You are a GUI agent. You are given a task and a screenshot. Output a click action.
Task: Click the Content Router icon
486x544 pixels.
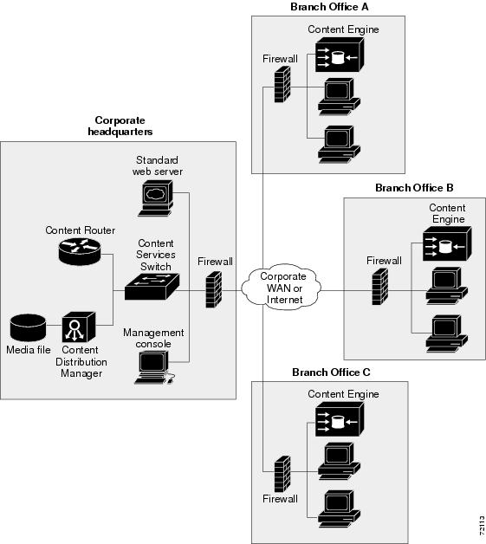(x=80, y=251)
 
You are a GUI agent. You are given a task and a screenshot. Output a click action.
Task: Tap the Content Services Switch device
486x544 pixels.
(x=152, y=287)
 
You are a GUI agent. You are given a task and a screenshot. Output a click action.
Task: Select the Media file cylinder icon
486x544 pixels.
(x=28, y=327)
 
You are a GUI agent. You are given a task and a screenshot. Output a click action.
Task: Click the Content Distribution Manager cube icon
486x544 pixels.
(x=79, y=327)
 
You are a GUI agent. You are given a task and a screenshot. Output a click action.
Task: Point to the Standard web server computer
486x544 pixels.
(x=155, y=198)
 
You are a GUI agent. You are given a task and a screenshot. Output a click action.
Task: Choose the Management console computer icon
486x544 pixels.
(x=154, y=367)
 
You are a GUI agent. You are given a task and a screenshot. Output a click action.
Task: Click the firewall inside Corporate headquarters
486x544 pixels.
(x=214, y=289)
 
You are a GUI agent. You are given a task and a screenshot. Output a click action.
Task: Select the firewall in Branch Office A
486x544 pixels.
(x=282, y=84)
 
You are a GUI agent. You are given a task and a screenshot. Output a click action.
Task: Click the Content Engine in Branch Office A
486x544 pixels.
(x=340, y=55)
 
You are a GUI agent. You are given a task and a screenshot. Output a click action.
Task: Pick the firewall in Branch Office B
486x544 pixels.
(x=379, y=287)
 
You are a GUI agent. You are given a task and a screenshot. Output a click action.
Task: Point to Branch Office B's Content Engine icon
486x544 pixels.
(x=447, y=243)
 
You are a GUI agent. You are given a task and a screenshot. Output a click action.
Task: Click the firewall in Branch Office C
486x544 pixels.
(x=282, y=474)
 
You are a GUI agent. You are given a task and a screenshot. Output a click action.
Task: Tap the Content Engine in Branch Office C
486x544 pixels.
(x=340, y=419)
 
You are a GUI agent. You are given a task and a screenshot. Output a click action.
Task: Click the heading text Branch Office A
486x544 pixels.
(x=329, y=7)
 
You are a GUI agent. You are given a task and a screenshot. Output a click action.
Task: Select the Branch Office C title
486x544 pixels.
(x=331, y=372)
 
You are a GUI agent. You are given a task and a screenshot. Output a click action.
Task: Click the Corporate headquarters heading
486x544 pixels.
(x=120, y=126)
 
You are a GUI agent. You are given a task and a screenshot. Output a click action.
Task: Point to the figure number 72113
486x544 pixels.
(x=482, y=525)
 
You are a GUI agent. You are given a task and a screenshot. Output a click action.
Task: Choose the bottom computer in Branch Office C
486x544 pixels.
(x=339, y=508)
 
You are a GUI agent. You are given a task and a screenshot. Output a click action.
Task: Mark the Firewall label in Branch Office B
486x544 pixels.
(x=384, y=261)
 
